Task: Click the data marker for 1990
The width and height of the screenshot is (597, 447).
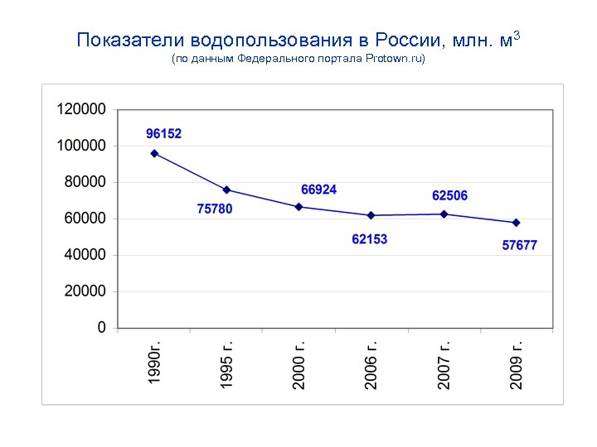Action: coord(154,153)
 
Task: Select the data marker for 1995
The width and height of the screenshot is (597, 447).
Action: coord(227,190)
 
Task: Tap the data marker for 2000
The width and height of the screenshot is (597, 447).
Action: coord(299,206)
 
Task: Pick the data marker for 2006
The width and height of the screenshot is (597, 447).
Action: coord(371,215)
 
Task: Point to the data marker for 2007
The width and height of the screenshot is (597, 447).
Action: coord(444,214)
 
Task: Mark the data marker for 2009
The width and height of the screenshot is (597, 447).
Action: coord(517,223)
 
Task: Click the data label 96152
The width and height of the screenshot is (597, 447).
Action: coord(164,133)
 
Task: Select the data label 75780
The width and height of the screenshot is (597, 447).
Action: coord(215,209)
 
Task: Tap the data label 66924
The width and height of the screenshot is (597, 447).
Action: coord(319,190)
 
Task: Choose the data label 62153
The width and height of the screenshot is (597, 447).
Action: coord(370,239)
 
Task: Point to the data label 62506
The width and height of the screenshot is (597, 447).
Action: coord(450,195)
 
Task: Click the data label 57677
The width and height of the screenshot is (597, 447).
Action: coord(520,245)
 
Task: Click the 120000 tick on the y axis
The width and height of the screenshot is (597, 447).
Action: coord(81,109)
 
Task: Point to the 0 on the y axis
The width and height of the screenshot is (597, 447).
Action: coord(102,328)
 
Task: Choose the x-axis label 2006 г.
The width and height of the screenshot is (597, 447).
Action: coord(372,364)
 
